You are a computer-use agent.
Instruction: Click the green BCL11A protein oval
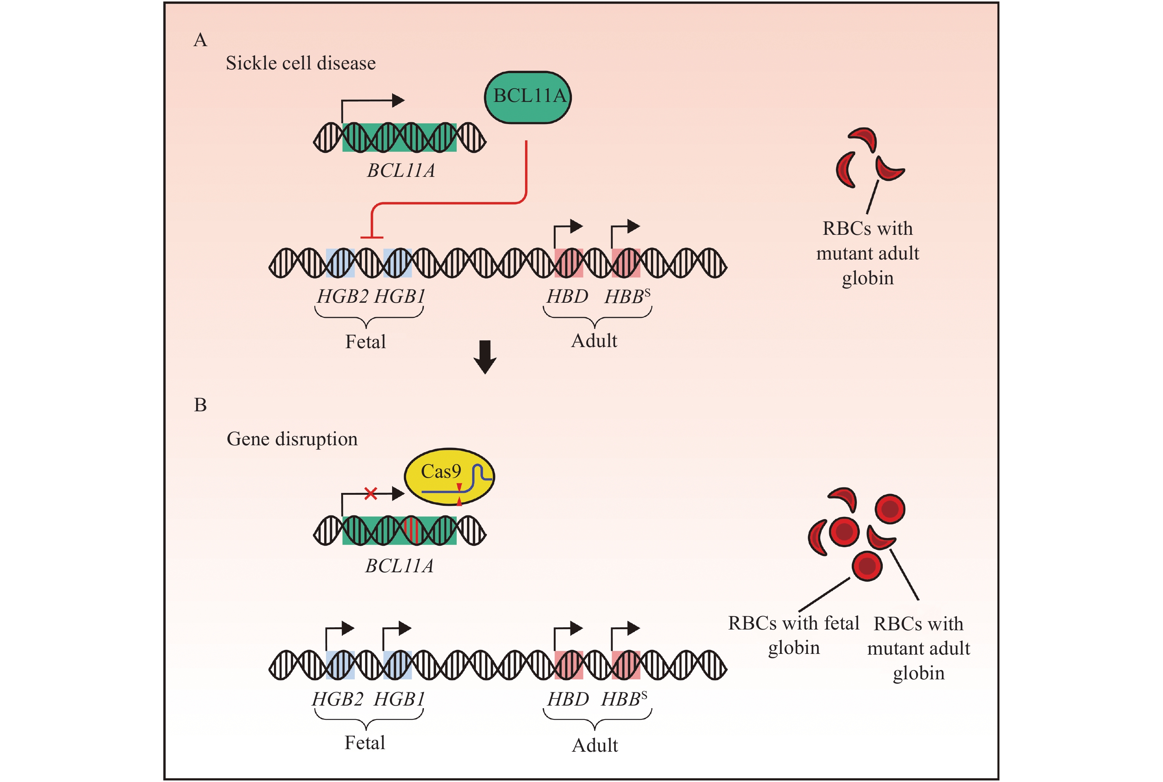(x=528, y=97)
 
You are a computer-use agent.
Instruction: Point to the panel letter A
(x=200, y=40)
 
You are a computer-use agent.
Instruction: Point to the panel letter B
(x=200, y=405)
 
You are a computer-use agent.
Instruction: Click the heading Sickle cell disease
(x=301, y=64)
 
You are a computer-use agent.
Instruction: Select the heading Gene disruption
(x=292, y=439)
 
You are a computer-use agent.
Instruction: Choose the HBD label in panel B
(x=567, y=699)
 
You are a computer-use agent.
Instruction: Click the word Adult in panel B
(x=594, y=745)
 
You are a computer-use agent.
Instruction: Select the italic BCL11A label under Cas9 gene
(x=399, y=566)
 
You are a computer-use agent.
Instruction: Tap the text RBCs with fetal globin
(x=793, y=635)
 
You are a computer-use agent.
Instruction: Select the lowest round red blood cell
(x=867, y=566)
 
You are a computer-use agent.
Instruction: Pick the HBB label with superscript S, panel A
(x=627, y=297)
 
